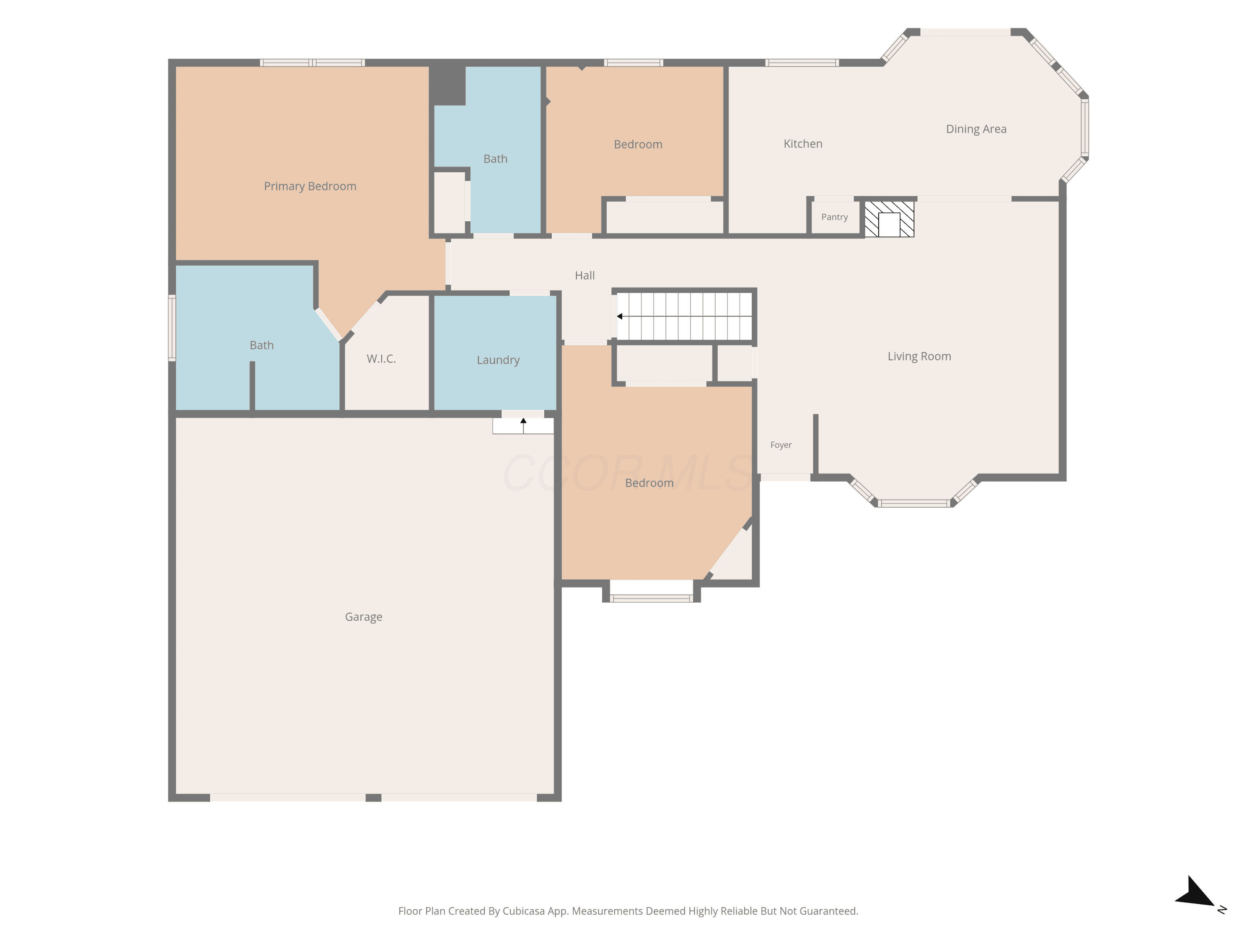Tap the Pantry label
(x=834, y=217)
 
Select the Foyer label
(x=781, y=445)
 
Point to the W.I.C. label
(x=381, y=359)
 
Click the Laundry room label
(x=498, y=360)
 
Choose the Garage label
(x=364, y=617)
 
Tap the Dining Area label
(x=976, y=129)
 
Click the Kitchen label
(x=803, y=144)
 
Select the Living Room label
(x=919, y=356)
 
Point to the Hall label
(x=585, y=276)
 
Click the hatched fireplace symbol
(x=890, y=219)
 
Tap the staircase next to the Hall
(x=684, y=316)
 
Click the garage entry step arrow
(x=523, y=425)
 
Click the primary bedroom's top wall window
(x=312, y=62)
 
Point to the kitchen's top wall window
(x=802, y=62)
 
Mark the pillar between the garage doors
(x=373, y=798)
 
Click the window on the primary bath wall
(x=172, y=328)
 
